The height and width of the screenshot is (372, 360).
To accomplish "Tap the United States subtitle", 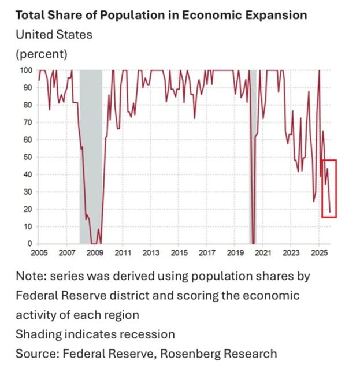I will (54, 35).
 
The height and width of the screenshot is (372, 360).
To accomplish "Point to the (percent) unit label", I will (41, 54).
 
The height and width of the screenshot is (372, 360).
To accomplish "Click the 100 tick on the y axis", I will (25, 70).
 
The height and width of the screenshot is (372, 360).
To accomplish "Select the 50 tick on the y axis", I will (27, 157).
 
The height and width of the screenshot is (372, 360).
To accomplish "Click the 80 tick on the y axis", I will (27, 105).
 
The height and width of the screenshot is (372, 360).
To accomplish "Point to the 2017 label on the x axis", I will (207, 253).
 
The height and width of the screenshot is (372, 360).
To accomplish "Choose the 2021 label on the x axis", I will (263, 253).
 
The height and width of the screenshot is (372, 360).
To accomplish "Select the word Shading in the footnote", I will (37, 334).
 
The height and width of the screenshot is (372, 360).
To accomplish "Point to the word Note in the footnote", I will (29, 276).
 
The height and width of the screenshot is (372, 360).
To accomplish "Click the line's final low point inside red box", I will (330, 213).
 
